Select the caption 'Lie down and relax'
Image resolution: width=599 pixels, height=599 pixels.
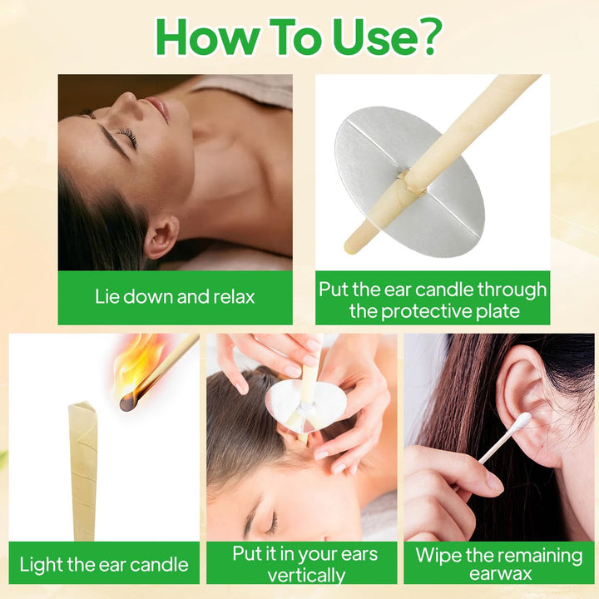[175, 296]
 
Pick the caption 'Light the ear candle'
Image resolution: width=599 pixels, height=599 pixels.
[103, 565]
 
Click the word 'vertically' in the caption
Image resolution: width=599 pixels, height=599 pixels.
[306, 575]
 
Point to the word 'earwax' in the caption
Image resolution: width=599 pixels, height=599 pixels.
[498, 575]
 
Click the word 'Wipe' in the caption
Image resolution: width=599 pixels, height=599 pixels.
[438, 555]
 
